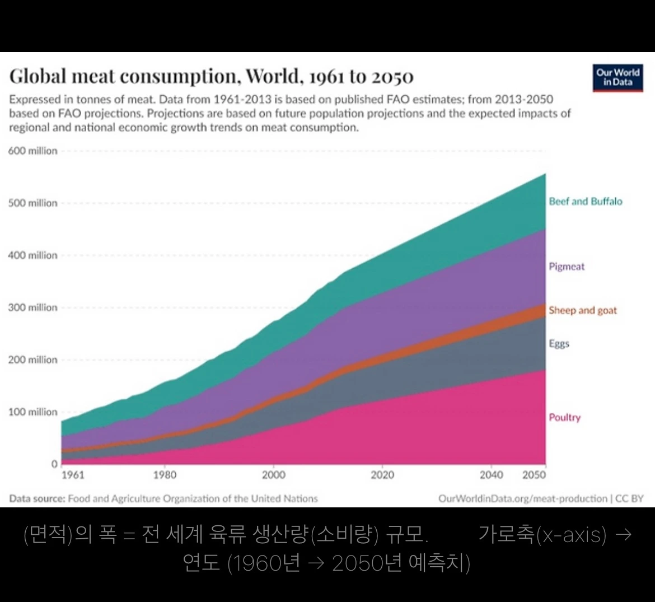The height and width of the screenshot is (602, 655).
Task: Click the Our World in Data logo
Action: (x=617, y=77)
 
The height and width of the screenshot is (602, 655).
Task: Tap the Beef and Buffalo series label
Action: (x=585, y=202)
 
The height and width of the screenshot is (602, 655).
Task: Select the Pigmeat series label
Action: (x=566, y=267)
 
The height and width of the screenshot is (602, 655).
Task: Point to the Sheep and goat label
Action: (x=582, y=310)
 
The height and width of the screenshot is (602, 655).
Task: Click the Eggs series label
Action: (x=559, y=343)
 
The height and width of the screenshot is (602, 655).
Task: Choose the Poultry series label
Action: (x=564, y=417)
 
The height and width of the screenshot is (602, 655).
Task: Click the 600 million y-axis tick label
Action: (x=32, y=151)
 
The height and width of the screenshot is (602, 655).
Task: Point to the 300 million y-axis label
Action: (x=32, y=307)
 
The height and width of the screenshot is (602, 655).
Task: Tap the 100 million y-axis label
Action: (x=32, y=412)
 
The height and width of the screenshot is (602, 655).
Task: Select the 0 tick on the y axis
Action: (x=54, y=464)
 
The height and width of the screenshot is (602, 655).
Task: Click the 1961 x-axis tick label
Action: (x=72, y=475)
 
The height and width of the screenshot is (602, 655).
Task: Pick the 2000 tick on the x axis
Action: (x=273, y=475)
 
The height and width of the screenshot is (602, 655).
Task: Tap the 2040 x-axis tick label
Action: (x=491, y=475)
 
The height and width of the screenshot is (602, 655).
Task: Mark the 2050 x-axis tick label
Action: (x=534, y=475)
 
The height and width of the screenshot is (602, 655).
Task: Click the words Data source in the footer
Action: (x=37, y=498)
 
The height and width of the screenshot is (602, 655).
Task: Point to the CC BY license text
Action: (x=629, y=498)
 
